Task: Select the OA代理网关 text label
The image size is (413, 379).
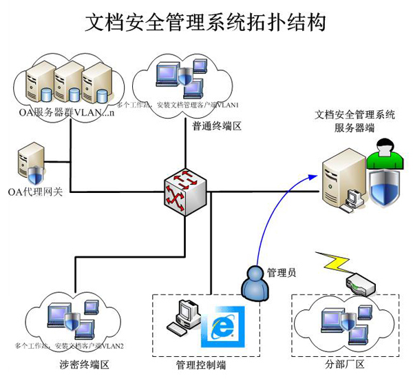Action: point(35,192)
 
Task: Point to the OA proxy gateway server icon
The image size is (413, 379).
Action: point(32,162)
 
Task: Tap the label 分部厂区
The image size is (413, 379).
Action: point(344,364)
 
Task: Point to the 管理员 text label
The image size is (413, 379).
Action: point(281,272)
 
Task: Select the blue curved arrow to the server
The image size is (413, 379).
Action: point(272,214)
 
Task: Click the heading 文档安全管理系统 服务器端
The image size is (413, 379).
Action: point(354,121)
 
